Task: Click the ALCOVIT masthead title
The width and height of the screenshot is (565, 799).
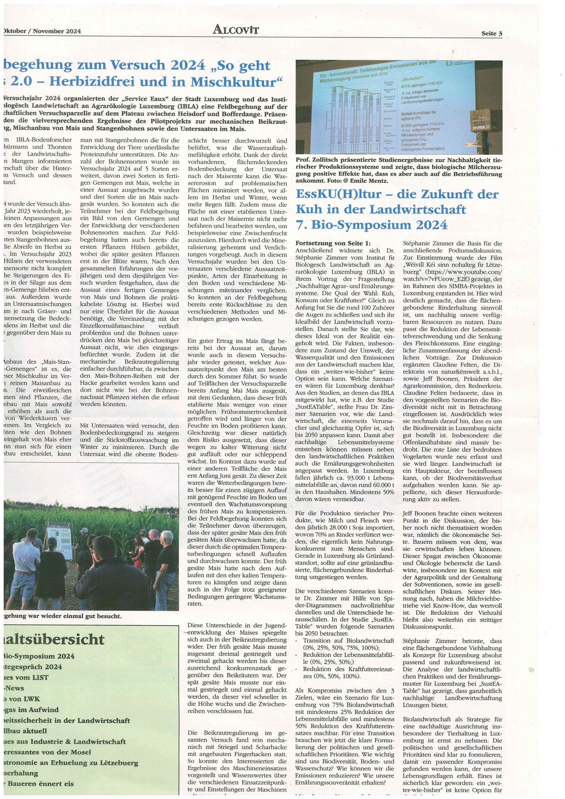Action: click(x=236, y=30)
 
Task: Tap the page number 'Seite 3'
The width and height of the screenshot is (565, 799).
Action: click(x=492, y=33)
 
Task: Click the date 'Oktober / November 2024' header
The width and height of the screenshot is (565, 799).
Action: click(x=42, y=31)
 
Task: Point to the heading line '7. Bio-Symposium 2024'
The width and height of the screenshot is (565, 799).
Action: click(x=372, y=225)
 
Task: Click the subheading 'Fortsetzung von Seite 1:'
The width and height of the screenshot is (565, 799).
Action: click(x=333, y=243)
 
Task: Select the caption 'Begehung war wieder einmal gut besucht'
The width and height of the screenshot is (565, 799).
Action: click(x=62, y=616)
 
